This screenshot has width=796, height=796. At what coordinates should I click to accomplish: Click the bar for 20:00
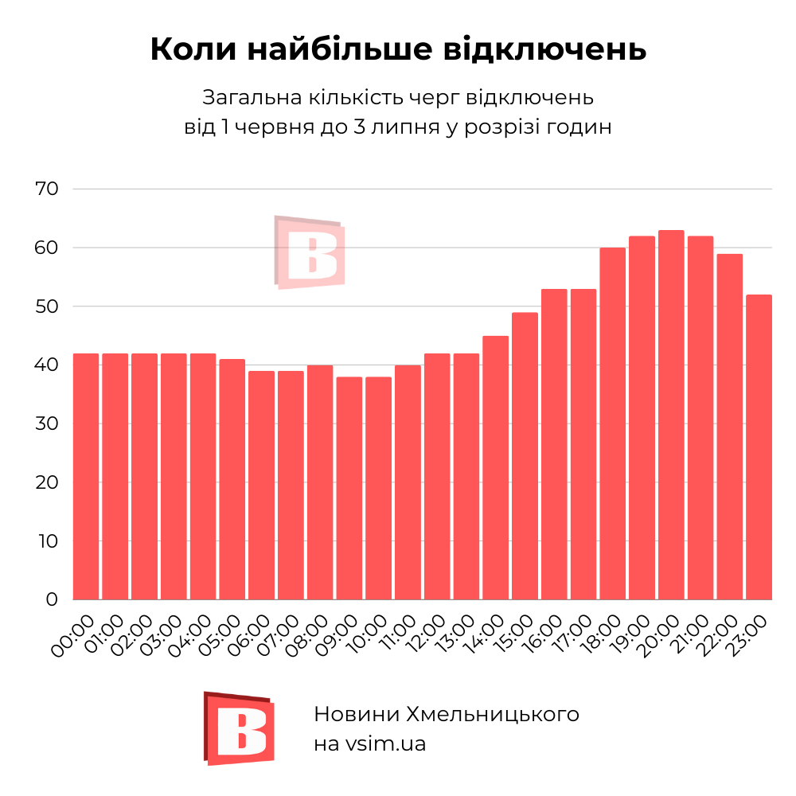click(671, 415)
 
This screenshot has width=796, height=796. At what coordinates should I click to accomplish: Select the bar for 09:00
click(349, 488)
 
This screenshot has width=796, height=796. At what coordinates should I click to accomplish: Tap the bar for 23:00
click(759, 447)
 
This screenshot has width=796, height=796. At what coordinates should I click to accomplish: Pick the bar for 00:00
click(86, 476)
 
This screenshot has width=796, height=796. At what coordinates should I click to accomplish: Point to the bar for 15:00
click(525, 455)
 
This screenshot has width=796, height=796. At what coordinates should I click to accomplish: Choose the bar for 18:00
click(612, 423)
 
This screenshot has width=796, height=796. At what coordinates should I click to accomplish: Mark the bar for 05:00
click(232, 479)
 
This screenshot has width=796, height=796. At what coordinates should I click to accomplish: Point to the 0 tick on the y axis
click(52, 599)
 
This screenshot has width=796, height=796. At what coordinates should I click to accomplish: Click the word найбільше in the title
click(331, 49)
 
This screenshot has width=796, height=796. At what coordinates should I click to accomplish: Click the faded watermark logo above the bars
click(310, 252)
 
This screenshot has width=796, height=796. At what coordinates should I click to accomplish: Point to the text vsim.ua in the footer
click(385, 744)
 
